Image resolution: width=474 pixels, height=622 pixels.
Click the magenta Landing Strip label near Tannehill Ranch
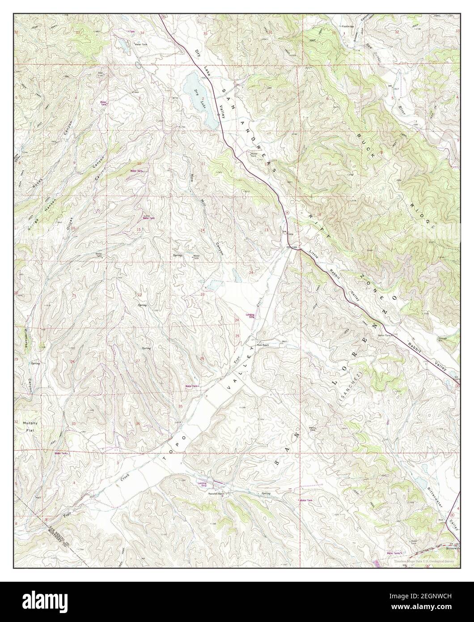(203, 484)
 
